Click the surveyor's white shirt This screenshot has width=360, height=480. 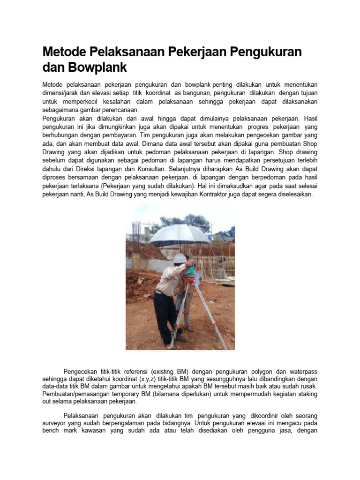click(166, 279)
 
